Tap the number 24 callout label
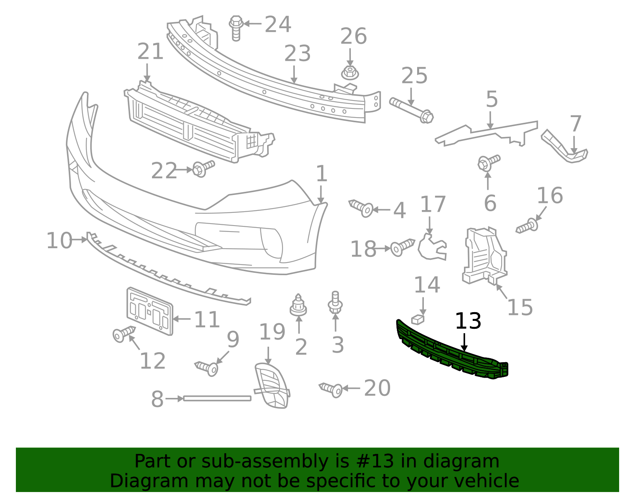point(278,24)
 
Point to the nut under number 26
point(350,73)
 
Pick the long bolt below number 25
point(412,110)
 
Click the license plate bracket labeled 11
point(150,311)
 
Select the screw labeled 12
point(123,334)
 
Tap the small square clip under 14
point(418,319)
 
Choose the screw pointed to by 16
point(527,227)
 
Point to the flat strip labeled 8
point(217,398)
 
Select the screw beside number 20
point(331,389)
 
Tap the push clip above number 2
point(298,305)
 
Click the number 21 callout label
point(150,52)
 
